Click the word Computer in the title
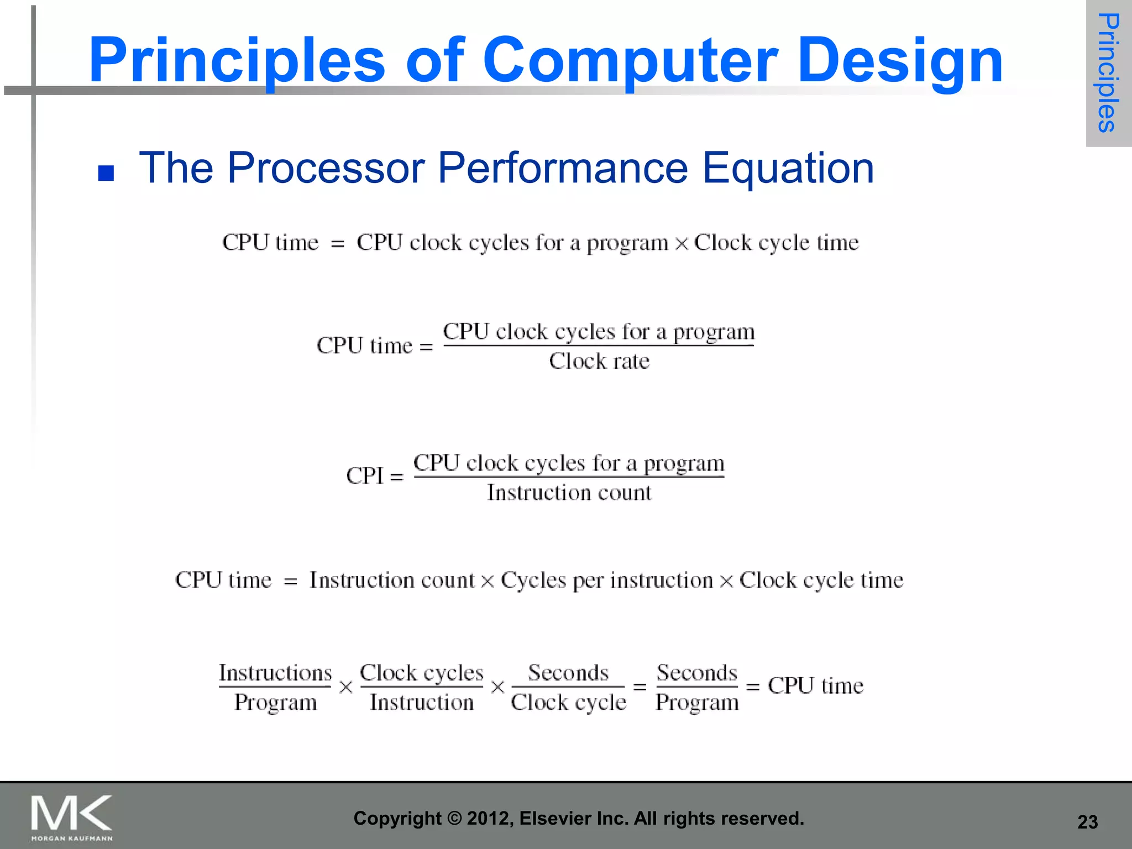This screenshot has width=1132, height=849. (x=630, y=60)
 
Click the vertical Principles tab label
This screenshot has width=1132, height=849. (x=1108, y=72)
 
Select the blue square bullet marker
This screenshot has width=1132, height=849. (x=106, y=173)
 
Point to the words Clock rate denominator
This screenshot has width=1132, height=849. (x=599, y=361)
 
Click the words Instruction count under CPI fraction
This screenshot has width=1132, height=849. (x=569, y=492)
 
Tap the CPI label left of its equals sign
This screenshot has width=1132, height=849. (x=364, y=475)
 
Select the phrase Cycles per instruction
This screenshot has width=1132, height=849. (x=606, y=580)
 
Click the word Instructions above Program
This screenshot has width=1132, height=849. (x=275, y=673)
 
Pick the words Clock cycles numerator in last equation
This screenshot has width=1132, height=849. (x=421, y=673)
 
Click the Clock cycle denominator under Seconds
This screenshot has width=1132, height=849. (x=568, y=703)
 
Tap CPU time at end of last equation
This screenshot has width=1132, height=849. (x=815, y=686)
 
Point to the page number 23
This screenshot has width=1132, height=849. (x=1087, y=822)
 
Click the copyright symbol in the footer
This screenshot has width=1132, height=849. (x=454, y=818)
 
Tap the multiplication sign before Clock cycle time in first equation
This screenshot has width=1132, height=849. (x=682, y=243)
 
